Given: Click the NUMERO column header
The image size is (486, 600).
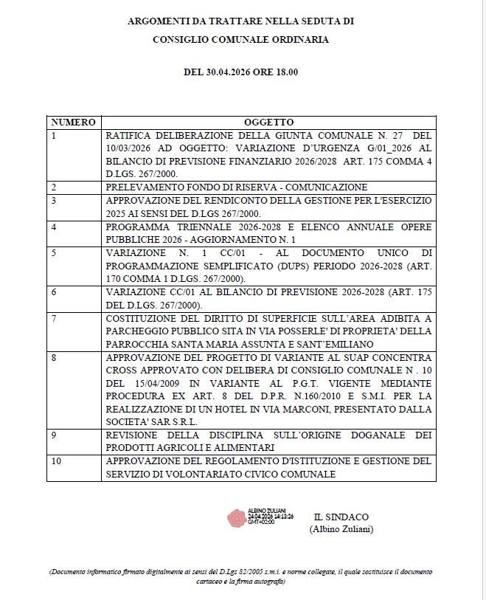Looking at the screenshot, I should click(72, 122).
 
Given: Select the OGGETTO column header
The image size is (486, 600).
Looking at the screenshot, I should click(268, 122).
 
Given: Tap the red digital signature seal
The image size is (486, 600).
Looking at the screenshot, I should click(237, 517).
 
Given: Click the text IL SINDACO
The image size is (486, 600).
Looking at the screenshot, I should click(341, 517).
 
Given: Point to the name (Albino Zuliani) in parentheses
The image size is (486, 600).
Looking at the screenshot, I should click(341, 529).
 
